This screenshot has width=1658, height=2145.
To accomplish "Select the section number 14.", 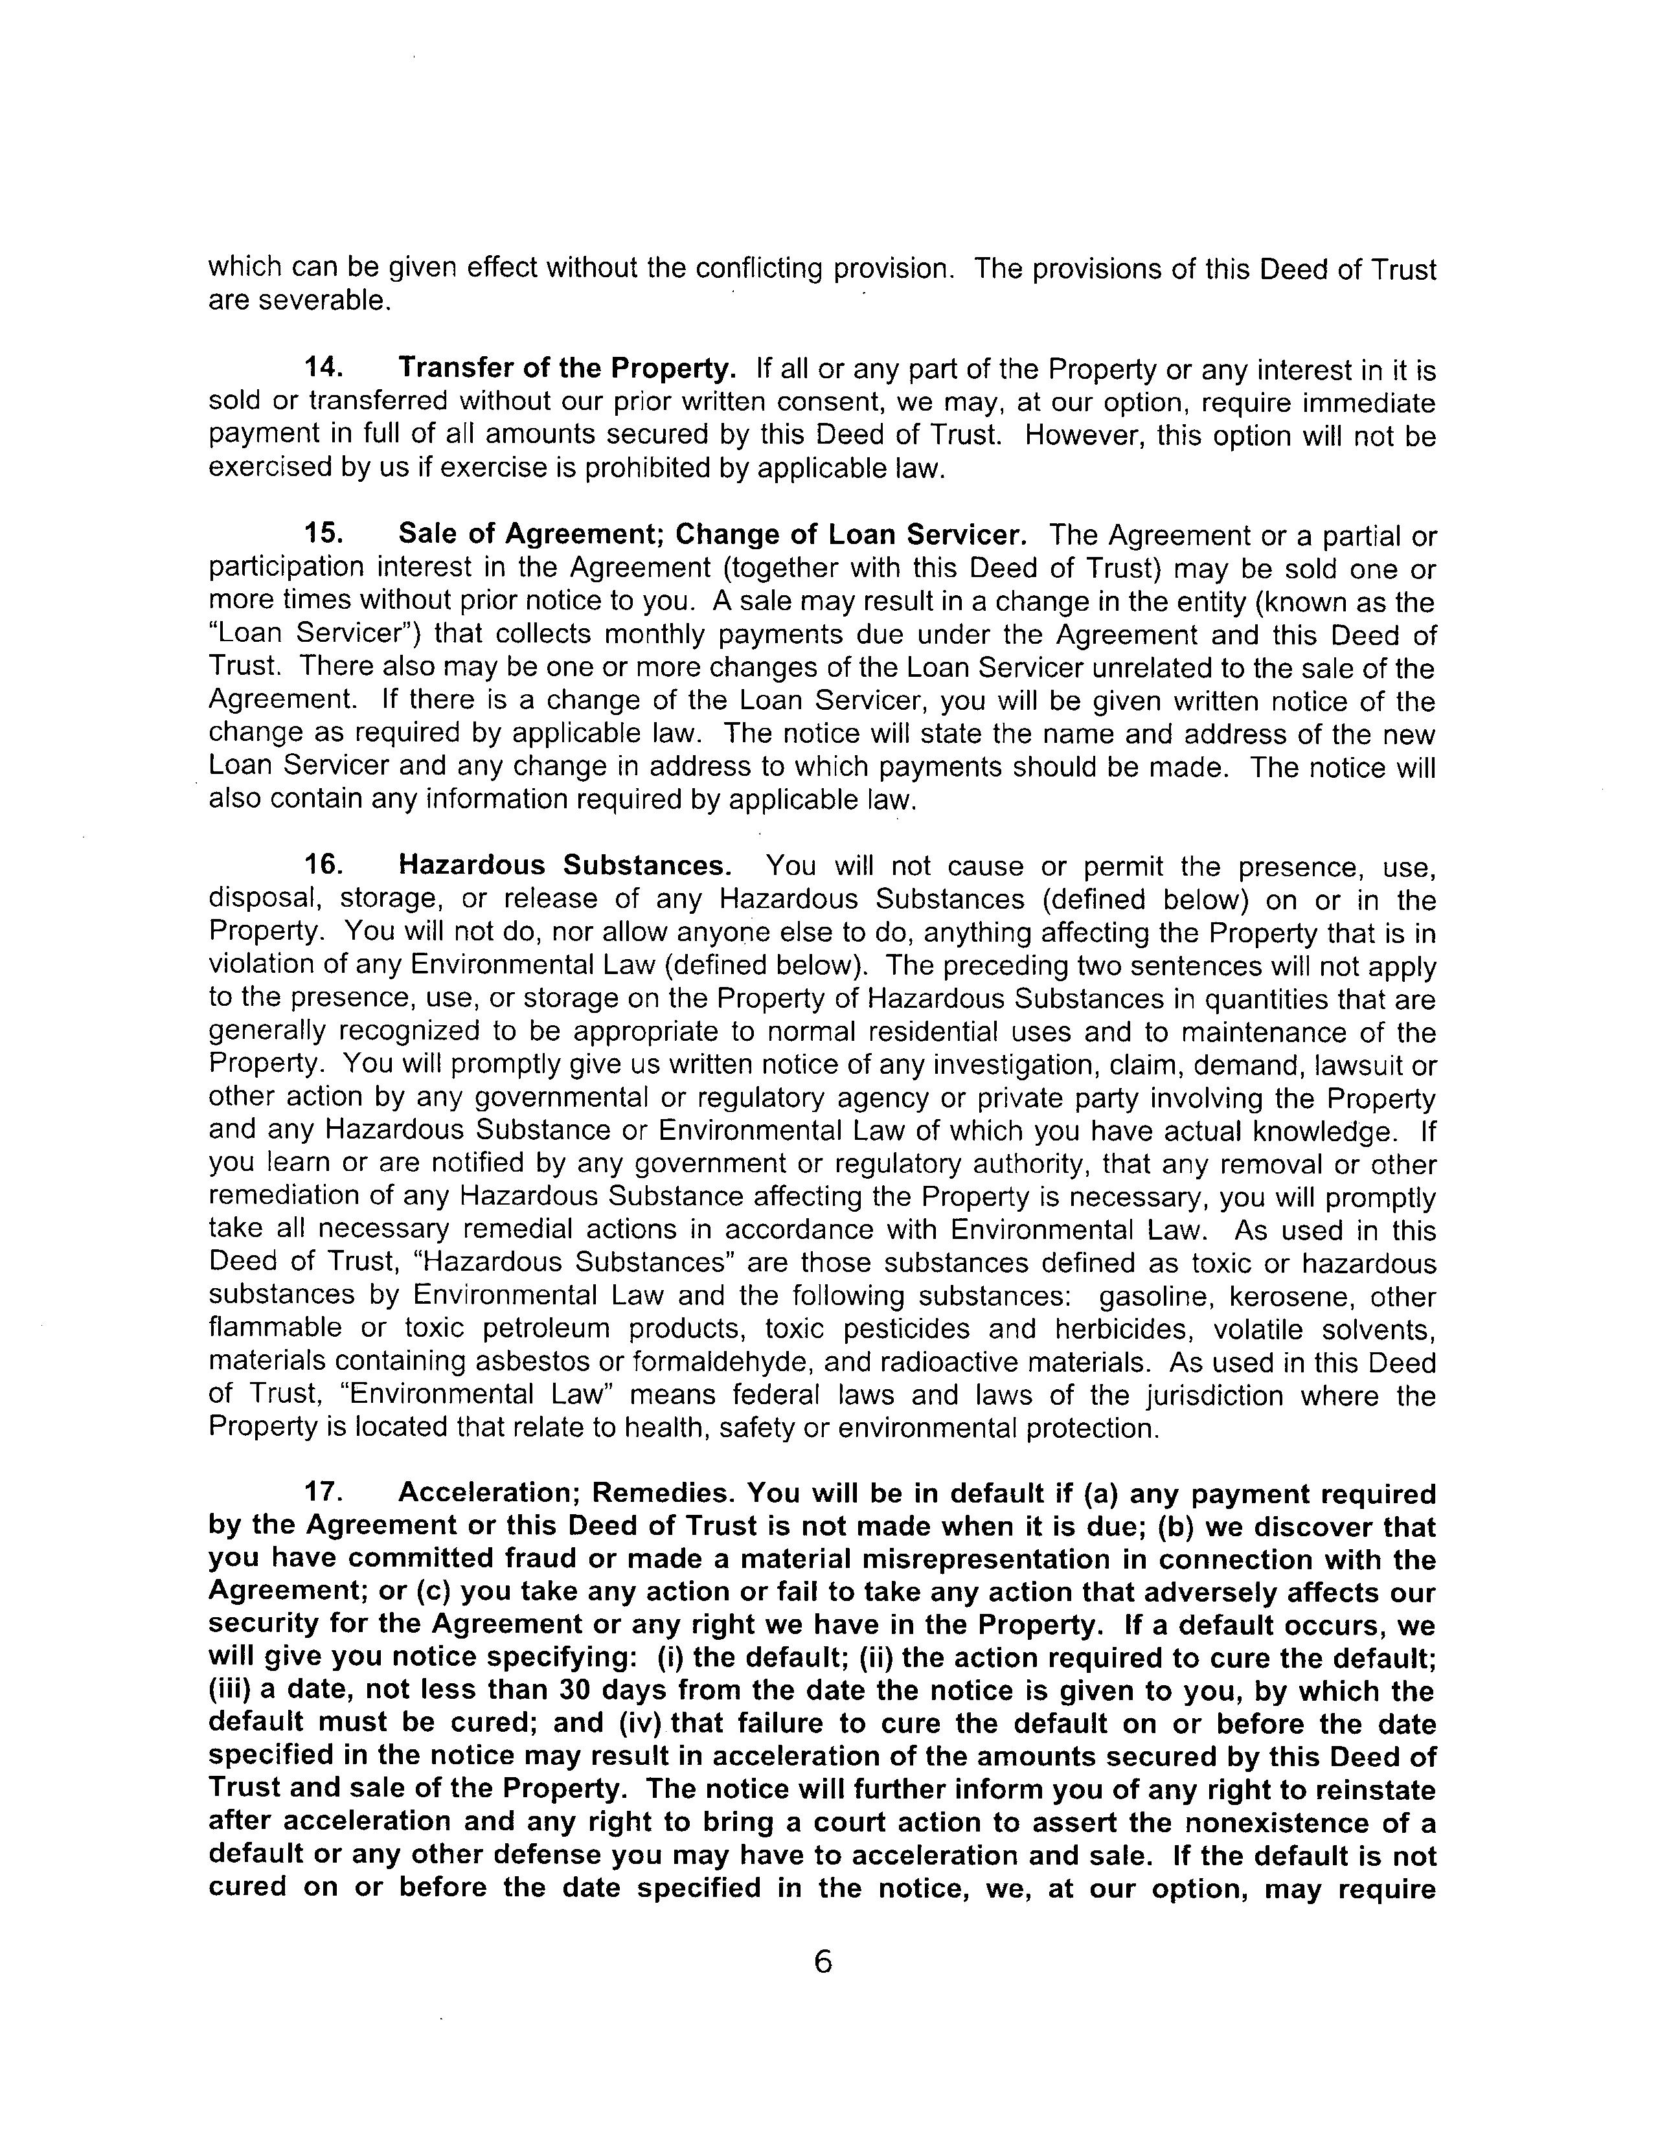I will (x=324, y=367).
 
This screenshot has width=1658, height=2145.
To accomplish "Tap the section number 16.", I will (x=324, y=865).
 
